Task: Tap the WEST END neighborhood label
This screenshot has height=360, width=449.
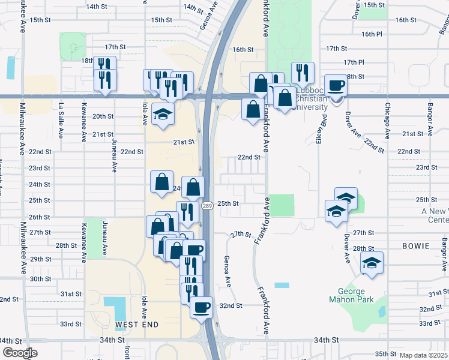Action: (137, 325)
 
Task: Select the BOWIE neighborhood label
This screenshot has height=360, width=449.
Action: (417, 246)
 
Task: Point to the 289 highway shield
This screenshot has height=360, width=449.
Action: (207, 206)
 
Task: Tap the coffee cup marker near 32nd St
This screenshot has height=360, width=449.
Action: (202, 307)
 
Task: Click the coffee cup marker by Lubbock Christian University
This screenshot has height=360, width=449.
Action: (335, 86)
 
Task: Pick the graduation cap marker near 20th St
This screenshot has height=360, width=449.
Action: (161, 114)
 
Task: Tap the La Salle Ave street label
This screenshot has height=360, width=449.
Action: (61, 113)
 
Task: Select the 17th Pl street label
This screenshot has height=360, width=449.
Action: (354, 62)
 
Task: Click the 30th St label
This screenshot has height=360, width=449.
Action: (41, 279)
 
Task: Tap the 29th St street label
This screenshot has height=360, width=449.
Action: (41, 259)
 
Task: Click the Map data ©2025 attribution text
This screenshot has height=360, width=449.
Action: (423, 355)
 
